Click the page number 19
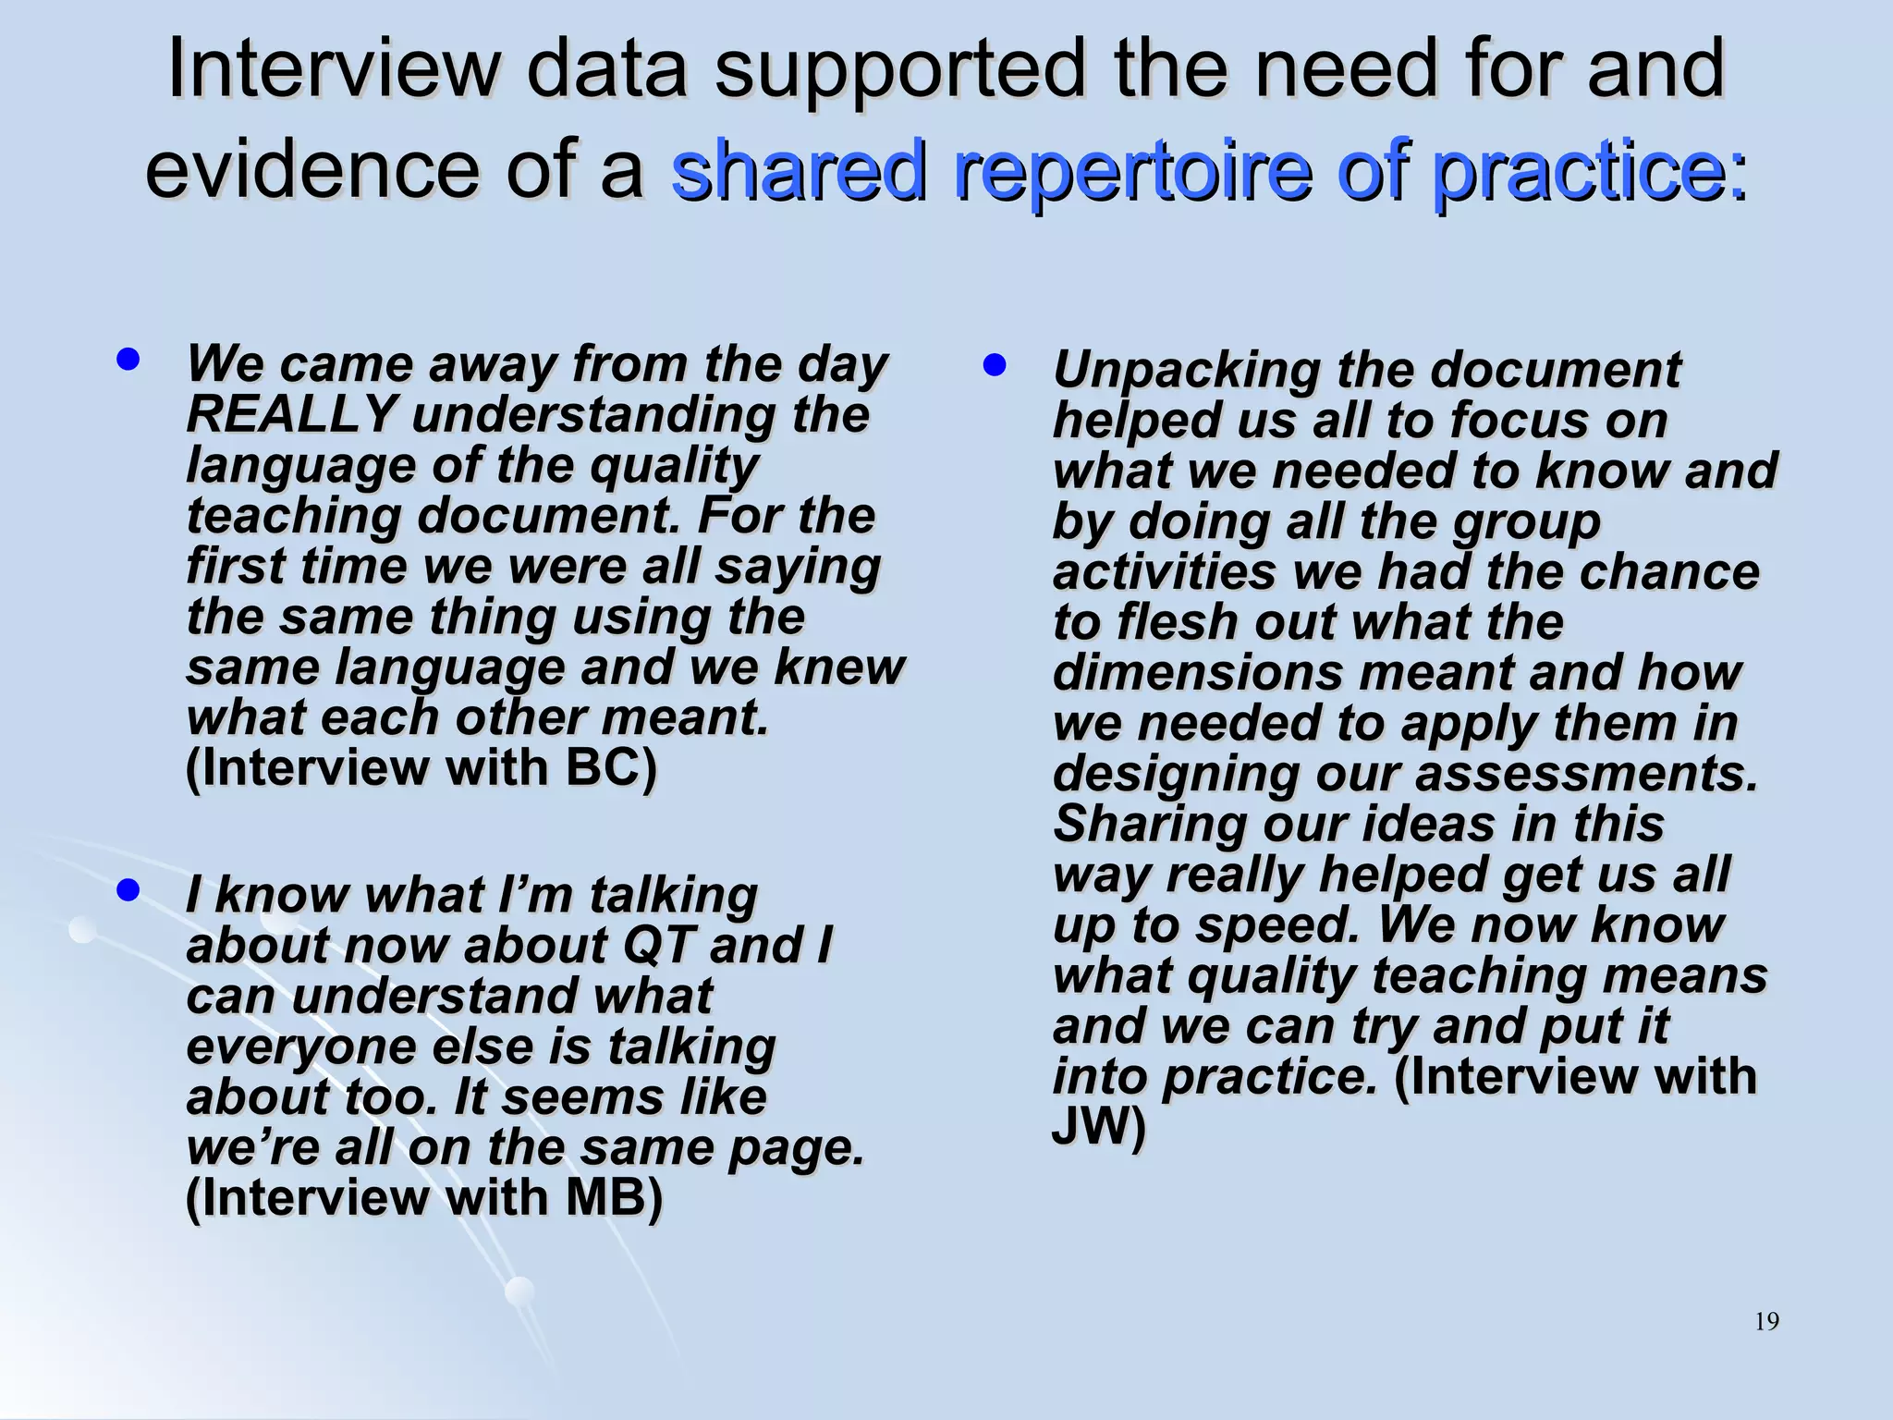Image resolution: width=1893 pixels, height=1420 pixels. (x=1766, y=1321)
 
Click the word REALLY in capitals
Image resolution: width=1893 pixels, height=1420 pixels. (x=292, y=414)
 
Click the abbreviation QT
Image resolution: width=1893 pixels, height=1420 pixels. (x=657, y=945)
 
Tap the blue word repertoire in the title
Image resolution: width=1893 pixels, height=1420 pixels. (x=1132, y=169)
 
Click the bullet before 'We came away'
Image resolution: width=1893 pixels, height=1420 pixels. (x=128, y=359)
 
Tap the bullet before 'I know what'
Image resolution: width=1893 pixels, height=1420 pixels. (x=128, y=889)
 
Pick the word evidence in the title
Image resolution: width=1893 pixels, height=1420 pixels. (x=313, y=169)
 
